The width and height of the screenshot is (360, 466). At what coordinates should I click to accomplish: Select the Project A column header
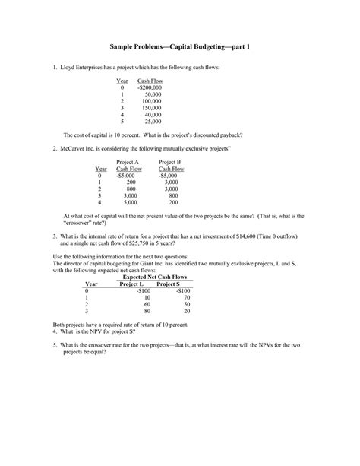[x=128, y=162]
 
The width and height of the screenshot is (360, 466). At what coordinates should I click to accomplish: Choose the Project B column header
[x=170, y=162]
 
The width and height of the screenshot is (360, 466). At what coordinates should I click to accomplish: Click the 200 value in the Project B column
[x=174, y=202]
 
